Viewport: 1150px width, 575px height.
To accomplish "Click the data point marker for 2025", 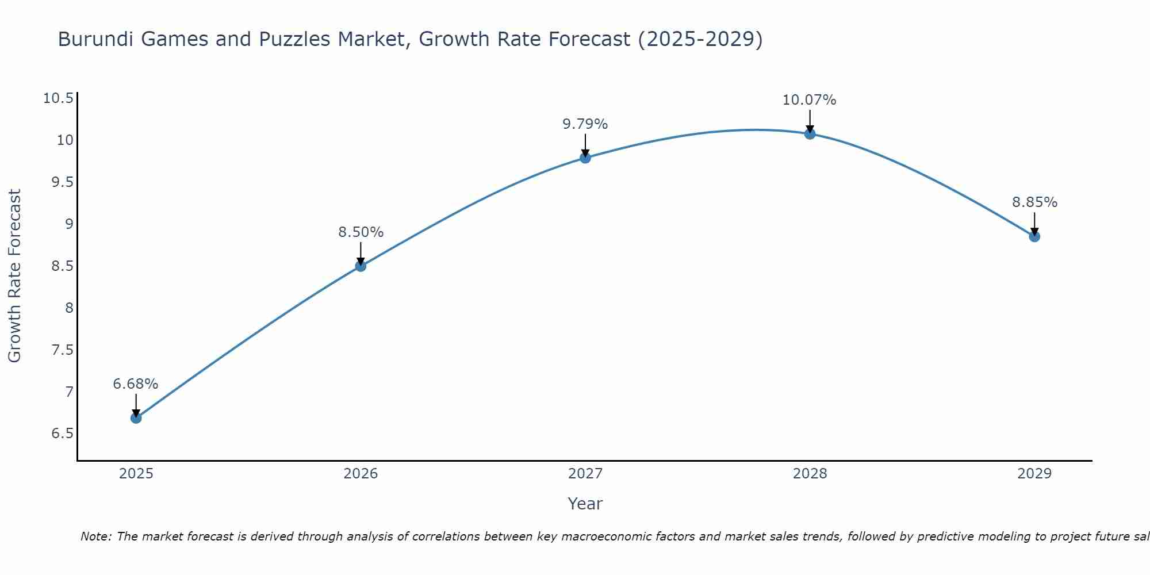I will click(136, 418).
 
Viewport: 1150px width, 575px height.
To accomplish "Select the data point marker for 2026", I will click(361, 266).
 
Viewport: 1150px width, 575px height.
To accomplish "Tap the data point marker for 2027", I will click(585, 158).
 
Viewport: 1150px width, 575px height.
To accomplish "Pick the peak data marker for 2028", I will click(810, 134).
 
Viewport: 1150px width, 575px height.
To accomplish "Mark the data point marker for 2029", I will click(1034, 236).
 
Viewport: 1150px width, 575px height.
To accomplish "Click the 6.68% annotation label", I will click(136, 384).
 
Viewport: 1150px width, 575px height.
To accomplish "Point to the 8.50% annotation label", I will click(361, 232).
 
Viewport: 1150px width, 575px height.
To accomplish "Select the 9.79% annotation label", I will click(585, 124).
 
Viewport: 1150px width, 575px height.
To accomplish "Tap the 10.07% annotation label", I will click(809, 100).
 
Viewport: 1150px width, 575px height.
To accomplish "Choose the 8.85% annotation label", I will click(1034, 202).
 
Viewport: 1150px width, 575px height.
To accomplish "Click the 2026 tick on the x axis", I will click(361, 474).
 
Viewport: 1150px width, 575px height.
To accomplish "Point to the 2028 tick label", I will click(810, 474).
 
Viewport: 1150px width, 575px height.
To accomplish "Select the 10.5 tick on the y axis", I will click(58, 98).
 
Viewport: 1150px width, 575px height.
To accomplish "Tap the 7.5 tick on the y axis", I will click(62, 350).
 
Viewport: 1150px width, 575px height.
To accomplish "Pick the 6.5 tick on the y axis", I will click(62, 434).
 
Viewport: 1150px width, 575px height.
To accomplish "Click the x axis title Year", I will click(585, 504).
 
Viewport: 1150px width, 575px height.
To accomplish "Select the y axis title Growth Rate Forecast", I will click(15, 276).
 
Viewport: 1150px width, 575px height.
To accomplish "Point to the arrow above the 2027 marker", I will click(585, 144).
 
